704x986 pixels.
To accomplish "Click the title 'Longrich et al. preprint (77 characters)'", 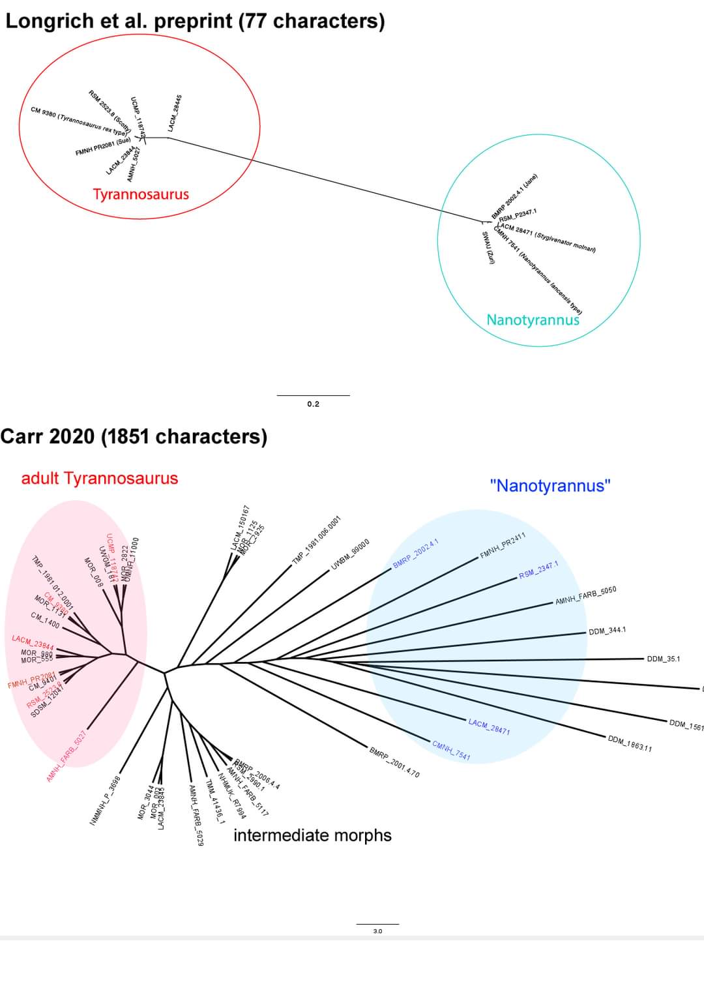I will pyautogui.click(x=195, y=21).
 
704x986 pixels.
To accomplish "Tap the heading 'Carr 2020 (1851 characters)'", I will pyautogui.click(x=134, y=436).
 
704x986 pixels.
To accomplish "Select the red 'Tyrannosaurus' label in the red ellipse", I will pyautogui.click(x=141, y=194).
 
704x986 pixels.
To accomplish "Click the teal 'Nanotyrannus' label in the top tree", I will pyautogui.click(x=533, y=320).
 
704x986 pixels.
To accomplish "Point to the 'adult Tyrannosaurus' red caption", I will pyautogui.click(x=100, y=478).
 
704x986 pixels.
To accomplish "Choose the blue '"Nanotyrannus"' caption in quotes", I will pyautogui.click(x=550, y=486).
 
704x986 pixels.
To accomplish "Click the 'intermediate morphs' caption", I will pyautogui.click(x=312, y=835).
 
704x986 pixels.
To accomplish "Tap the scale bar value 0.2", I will pyautogui.click(x=313, y=404).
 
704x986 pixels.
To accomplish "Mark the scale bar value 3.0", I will pyautogui.click(x=377, y=931).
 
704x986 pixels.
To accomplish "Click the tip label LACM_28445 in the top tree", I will pyautogui.click(x=174, y=113).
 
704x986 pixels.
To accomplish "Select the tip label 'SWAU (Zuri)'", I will pyautogui.click(x=488, y=248).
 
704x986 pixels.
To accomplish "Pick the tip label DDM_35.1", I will pyautogui.click(x=663, y=659).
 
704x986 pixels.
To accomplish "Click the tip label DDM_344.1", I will pyautogui.click(x=607, y=631).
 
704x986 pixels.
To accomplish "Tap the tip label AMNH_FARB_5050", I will pyautogui.click(x=585, y=595).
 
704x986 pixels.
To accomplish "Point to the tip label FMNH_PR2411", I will pyautogui.click(x=503, y=545).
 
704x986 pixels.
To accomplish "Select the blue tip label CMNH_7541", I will pyautogui.click(x=451, y=751).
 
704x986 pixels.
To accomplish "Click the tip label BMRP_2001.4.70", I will pyautogui.click(x=394, y=762).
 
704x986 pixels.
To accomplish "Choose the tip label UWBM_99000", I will pyautogui.click(x=351, y=554).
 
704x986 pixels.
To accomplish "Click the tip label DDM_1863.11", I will pyautogui.click(x=630, y=743).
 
